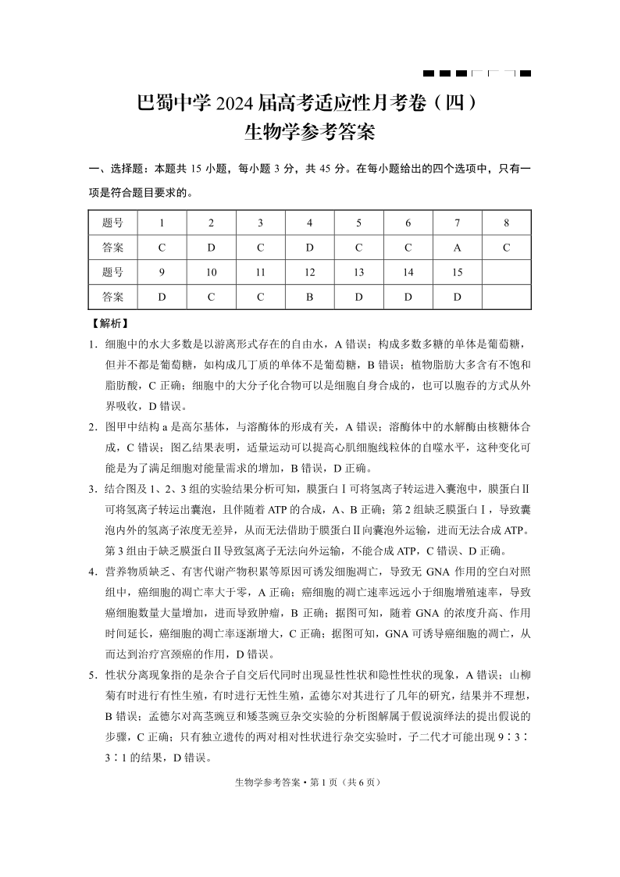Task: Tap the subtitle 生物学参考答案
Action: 310,132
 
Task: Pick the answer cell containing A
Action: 457,248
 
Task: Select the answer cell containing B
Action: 309,297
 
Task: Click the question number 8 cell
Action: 506,223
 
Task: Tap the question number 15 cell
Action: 457,273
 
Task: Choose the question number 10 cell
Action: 211,273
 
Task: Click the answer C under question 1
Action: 162,248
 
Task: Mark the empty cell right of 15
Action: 506,273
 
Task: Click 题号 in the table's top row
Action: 112,223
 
